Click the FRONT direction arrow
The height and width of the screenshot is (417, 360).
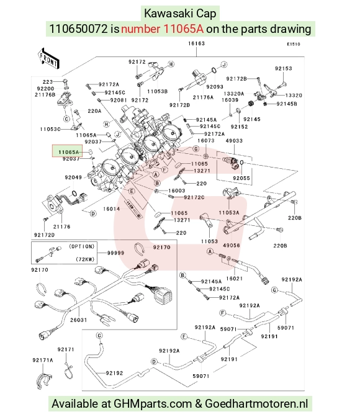click(x=48, y=58)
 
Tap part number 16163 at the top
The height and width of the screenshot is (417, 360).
click(x=196, y=43)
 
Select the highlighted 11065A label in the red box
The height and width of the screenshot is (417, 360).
click(x=69, y=152)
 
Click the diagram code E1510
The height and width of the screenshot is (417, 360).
click(x=293, y=44)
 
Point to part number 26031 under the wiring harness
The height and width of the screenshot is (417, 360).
click(x=78, y=320)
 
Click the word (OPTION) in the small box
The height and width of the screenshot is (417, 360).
click(x=82, y=246)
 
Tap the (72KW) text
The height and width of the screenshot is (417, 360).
click(x=85, y=259)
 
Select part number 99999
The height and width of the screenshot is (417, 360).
click(x=115, y=253)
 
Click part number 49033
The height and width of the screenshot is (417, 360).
click(x=234, y=141)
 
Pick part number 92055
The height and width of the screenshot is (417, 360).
click(x=241, y=178)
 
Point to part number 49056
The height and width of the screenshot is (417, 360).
click(x=232, y=245)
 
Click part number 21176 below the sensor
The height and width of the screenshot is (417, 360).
click(x=61, y=226)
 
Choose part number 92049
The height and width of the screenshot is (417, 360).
click(x=73, y=177)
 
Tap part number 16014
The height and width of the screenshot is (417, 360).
click(x=112, y=209)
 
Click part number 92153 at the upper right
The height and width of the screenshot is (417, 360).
click(x=284, y=69)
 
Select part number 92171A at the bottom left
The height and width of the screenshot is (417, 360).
click(x=43, y=360)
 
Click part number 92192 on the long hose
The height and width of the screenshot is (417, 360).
click(x=114, y=373)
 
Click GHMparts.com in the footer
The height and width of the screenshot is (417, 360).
click(x=153, y=404)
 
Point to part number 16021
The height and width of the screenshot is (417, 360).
click(x=235, y=279)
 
